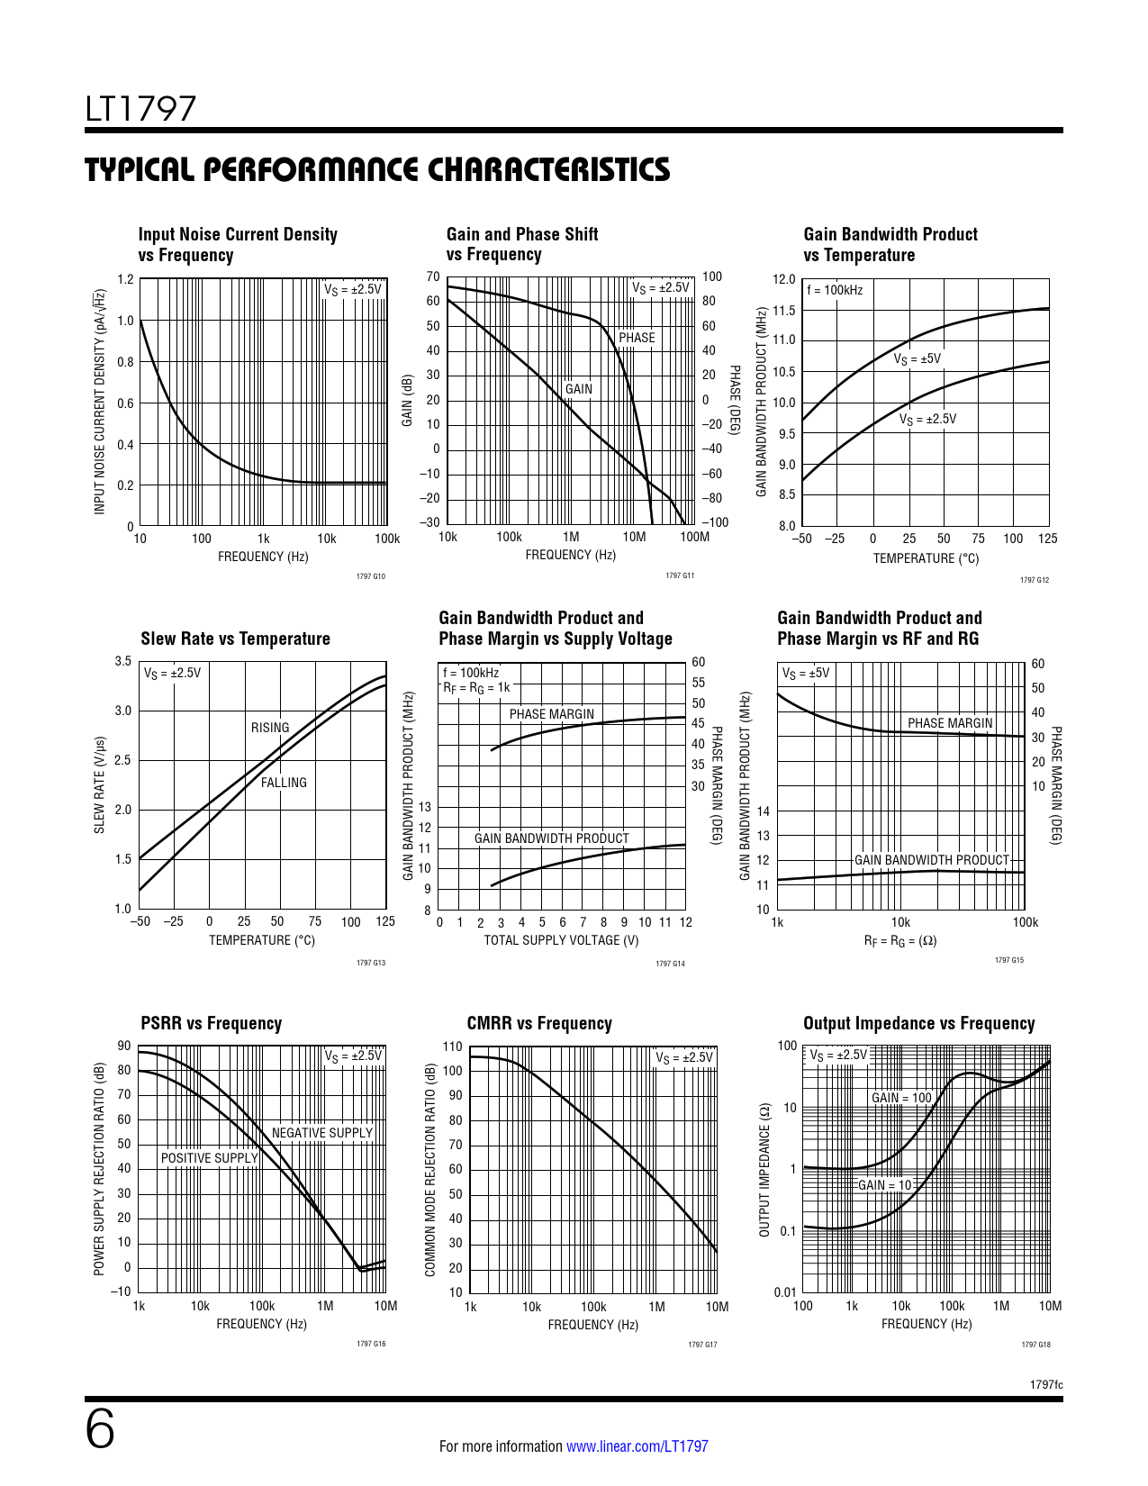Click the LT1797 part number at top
pos(140,109)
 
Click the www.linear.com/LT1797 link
pos(637,1446)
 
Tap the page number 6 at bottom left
pos(100,1429)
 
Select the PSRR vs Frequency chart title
pos(211,1023)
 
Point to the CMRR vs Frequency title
pos(538,1023)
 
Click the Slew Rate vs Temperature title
pos(235,639)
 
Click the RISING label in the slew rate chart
pos(270,728)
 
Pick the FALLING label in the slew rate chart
pos(284,783)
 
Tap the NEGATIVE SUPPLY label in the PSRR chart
pos(321,1133)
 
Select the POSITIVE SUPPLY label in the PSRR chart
pos(209,1158)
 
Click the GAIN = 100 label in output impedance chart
pos(901,1098)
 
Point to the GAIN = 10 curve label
pos(884,1185)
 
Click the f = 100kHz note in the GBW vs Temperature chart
pos(835,290)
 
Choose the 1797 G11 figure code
pos(680,575)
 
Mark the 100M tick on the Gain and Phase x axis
pos(694,537)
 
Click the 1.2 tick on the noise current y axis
pos(125,279)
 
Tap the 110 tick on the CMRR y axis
pos(452,1047)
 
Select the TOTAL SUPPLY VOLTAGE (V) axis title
pos(561,940)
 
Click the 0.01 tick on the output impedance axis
pos(785,1293)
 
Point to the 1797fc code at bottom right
pos(1046,1384)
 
